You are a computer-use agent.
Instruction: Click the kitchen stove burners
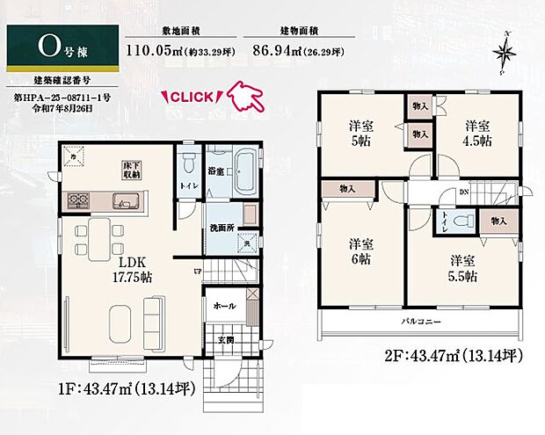click(x=75, y=200)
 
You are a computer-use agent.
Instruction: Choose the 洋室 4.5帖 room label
click(x=478, y=133)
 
